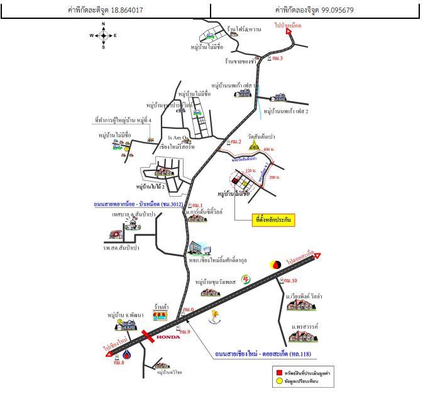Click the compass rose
pyautogui.click(x=104, y=35)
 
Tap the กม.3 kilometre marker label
pyautogui.click(x=277, y=58)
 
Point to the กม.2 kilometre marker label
pyautogui.click(x=236, y=141)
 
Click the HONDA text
pyautogui.click(x=168, y=337)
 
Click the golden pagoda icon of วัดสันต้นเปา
pyautogui.click(x=254, y=145)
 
